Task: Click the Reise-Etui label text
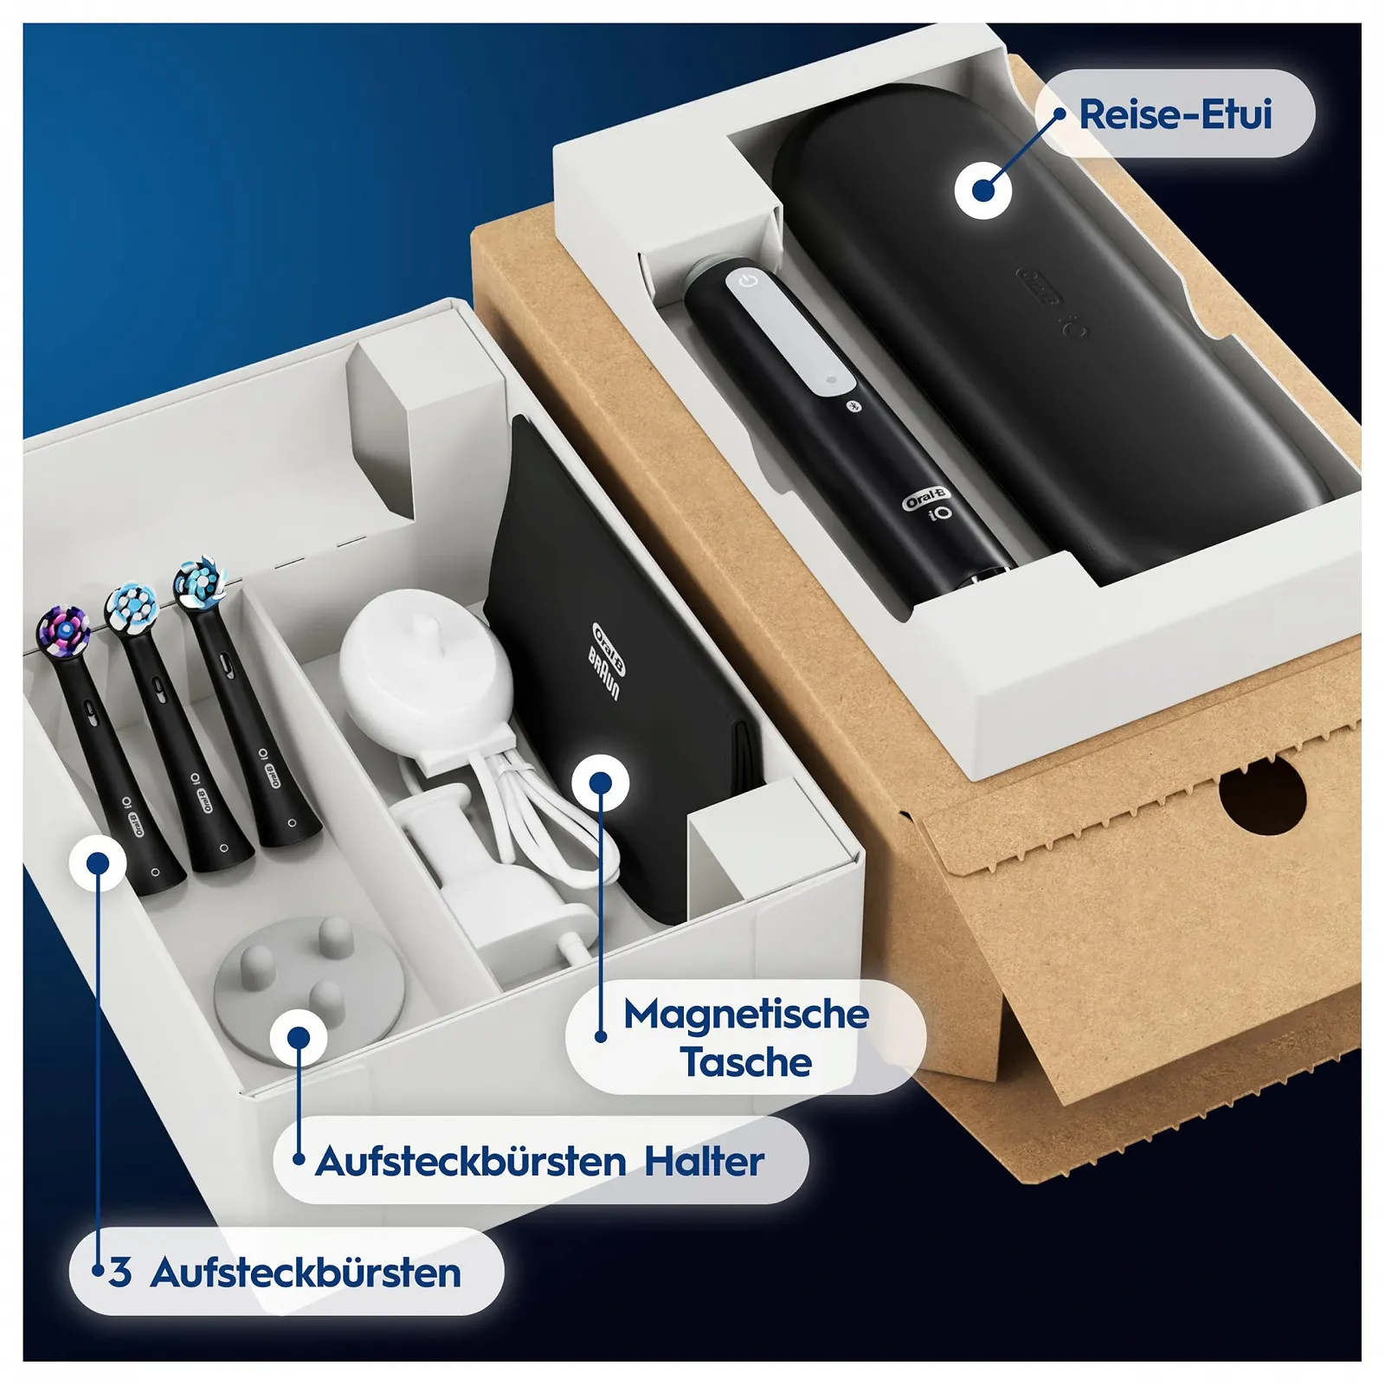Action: (1175, 115)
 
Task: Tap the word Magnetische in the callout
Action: (746, 1015)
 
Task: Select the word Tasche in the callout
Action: (746, 1063)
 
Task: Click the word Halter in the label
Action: (704, 1162)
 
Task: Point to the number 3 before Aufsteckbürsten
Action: (120, 1272)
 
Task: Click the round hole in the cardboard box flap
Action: (1262, 793)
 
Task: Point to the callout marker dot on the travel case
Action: (983, 190)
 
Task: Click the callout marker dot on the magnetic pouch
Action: (600, 783)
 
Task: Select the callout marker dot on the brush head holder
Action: (299, 1038)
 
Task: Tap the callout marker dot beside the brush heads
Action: (98, 863)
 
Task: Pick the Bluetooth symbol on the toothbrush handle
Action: (852, 406)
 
